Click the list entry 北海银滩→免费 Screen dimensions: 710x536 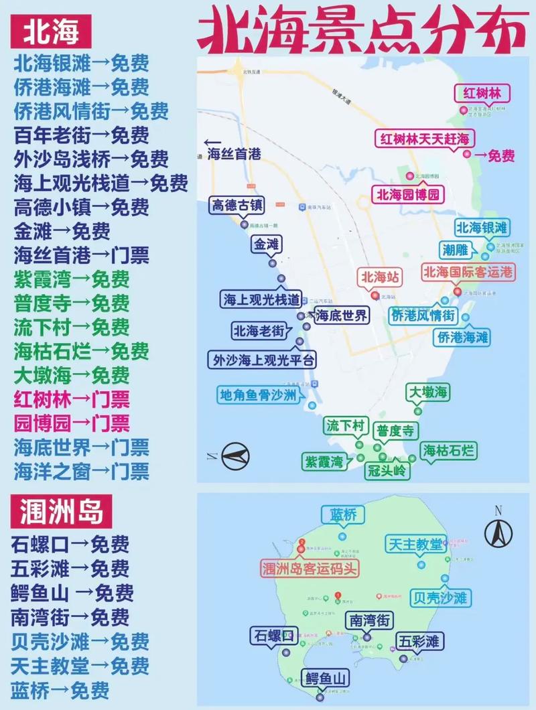(81, 64)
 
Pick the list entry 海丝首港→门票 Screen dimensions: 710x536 (81, 255)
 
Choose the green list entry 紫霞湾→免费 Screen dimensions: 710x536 (72, 279)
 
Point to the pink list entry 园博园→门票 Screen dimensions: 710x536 (72, 423)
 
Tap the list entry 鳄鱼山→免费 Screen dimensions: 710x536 (72, 592)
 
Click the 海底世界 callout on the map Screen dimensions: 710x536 (342, 315)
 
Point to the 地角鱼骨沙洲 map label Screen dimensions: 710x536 (258, 395)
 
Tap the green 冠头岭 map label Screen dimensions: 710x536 (386, 470)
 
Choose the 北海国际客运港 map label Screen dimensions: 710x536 (468, 272)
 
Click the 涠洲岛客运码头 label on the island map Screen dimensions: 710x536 (310, 569)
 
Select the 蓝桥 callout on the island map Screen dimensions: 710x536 (343, 515)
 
